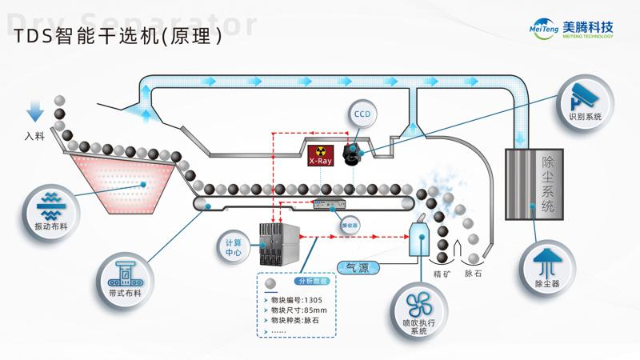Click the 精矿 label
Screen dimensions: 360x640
click(442, 273)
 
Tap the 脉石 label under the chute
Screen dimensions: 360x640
click(473, 273)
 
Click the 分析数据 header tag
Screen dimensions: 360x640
click(312, 282)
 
